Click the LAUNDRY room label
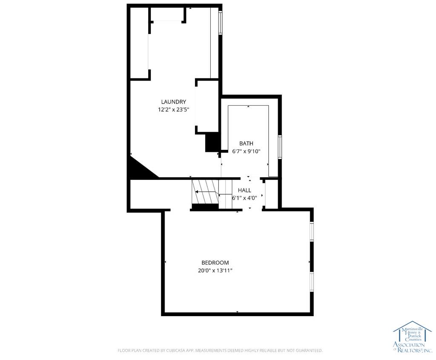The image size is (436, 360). (174, 102)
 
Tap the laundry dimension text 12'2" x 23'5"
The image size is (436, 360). (174, 109)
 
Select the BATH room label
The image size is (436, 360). (247, 144)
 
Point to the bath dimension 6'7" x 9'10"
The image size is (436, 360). (247, 151)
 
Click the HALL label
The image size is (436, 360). (244, 190)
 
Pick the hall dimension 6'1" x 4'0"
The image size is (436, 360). (244, 198)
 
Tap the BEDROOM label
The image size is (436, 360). (215, 262)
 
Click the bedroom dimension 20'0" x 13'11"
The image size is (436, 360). (215, 271)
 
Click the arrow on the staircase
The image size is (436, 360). (206, 192)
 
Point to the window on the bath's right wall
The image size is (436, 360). (280, 147)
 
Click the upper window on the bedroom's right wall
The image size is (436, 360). (312, 231)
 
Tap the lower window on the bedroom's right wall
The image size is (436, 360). (312, 282)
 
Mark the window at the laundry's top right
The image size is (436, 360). (220, 23)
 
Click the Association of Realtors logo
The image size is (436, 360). (413, 337)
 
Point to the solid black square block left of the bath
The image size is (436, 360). (212, 142)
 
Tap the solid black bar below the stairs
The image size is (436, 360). (205, 207)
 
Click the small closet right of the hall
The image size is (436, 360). (272, 193)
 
